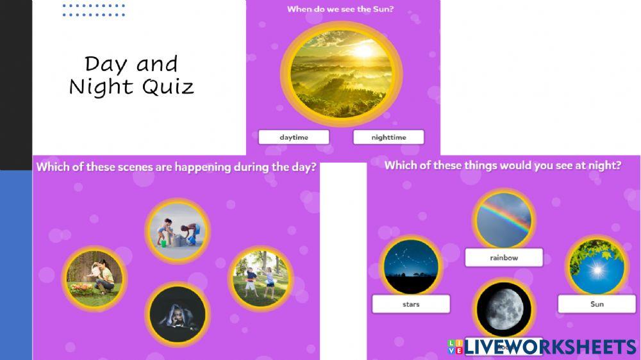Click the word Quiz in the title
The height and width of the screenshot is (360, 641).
coord(168,86)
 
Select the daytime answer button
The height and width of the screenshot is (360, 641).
coord(294,137)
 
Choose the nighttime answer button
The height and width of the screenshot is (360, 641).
coord(388,137)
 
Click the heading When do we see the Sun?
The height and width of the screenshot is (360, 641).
coord(340,9)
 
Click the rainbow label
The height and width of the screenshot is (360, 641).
coord(504,258)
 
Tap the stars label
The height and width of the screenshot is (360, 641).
coord(411,304)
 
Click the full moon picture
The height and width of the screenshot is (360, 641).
coord(503,309)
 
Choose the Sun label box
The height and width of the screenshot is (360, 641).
coord(596,304)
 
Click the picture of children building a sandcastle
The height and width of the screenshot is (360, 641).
coord(177,230)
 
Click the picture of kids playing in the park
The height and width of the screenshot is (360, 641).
coord(260,278)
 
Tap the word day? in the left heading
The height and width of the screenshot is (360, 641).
coord(301,168)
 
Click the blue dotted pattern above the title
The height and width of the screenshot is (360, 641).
coord(94,10)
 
